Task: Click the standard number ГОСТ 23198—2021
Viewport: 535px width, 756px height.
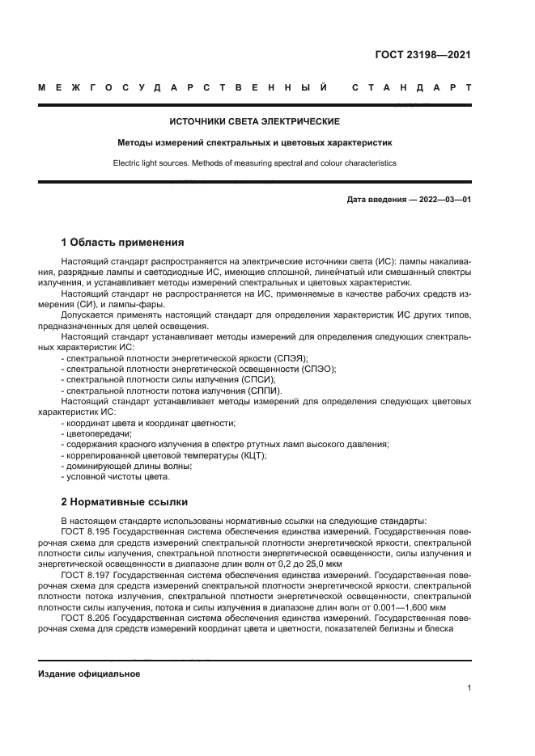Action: (422, 56)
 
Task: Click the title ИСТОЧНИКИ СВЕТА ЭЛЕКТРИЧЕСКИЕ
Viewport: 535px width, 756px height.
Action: (254, 121)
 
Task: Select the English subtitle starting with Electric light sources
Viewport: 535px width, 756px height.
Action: (254, 162)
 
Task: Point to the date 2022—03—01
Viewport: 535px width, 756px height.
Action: (443, 199)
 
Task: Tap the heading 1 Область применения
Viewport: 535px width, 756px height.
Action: (123, 242)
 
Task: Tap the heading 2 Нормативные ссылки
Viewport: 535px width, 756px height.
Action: (124, 500)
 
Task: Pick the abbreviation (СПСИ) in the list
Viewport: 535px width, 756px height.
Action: (258, 379)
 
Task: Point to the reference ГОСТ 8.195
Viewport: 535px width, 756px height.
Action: (84, 532)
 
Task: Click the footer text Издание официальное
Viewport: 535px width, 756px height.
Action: (89, 674)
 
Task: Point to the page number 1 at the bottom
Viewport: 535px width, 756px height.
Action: (469, 688)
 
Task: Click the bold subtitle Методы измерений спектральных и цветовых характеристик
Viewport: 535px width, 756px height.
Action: (254, 142)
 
